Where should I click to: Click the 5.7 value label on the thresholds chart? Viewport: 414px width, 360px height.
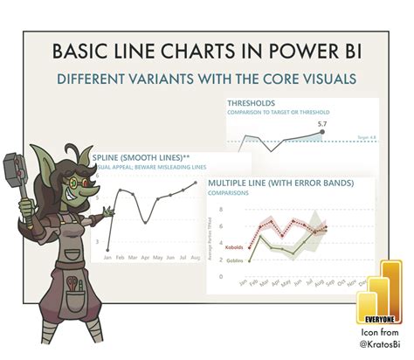322,124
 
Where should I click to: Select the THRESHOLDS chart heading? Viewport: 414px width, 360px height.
257,104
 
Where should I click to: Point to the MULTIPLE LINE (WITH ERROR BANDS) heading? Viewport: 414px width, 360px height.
279,183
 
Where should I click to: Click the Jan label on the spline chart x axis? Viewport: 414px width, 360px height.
107,259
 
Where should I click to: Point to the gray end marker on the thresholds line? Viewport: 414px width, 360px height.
321,132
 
